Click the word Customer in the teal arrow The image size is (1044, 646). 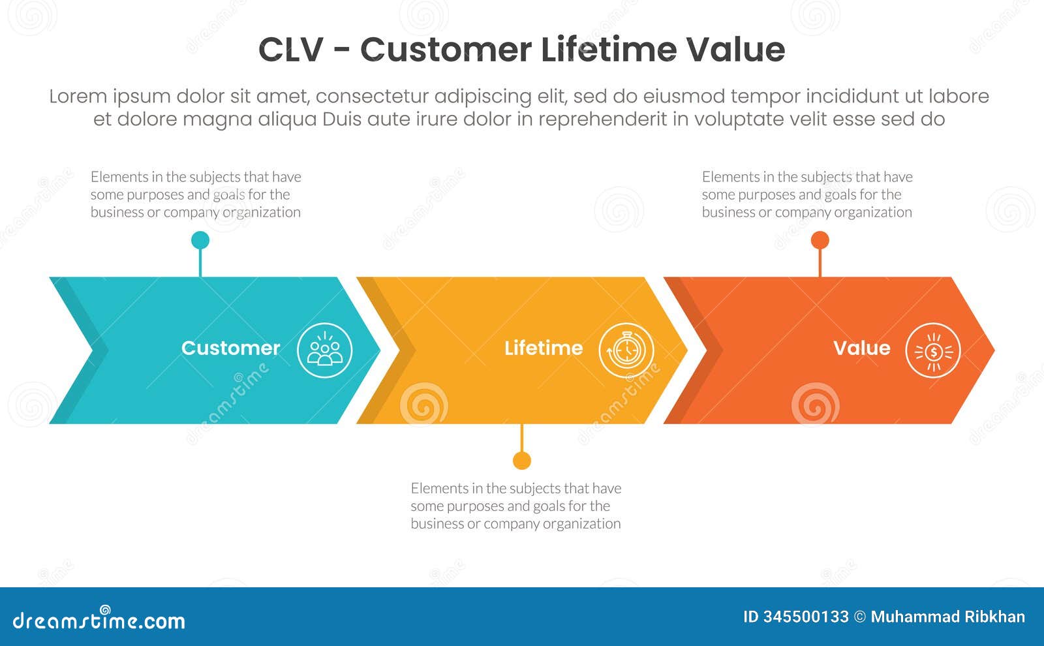(x=230, y=348)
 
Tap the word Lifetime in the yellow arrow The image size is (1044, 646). (x=544, y=348)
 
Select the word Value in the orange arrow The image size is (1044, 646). (x=861, y=348)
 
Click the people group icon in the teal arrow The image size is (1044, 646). (x=325, y=350)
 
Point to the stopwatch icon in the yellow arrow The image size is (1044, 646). (x=626, y=350)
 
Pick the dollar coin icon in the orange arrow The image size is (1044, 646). (x=933, y=350)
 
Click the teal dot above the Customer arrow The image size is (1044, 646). (x=200, y=240)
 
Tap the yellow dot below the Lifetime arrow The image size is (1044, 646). (x=521, y=461)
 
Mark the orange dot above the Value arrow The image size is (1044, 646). (x=820, y=240)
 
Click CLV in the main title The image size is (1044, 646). (x=290, y=50)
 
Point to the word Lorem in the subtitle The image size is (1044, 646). (x=78, y=97)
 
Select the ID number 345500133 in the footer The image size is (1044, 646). (x=806, y=617)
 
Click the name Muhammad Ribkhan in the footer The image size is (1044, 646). (x=947, y=617)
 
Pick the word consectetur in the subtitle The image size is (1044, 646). (x=372, y=97)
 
